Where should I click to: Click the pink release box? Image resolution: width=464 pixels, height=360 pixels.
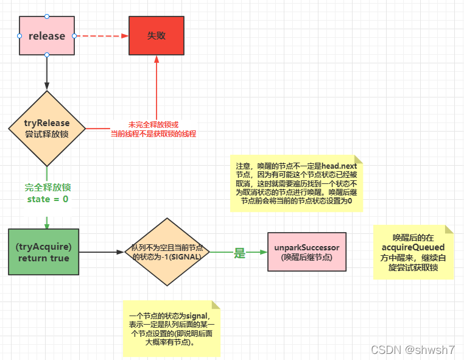pyautogui.click(x=47, y=36)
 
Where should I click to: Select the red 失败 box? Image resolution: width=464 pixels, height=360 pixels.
pyautogui.click(x=156, y=36)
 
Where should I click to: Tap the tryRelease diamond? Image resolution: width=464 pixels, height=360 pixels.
pyautogui.click(x=47, y=128)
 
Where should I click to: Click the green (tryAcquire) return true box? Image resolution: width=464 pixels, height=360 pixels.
pyautogui.click(x=43, y=252)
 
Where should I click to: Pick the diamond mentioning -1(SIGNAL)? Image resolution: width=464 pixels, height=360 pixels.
pyautogui.click(x=167, y=252)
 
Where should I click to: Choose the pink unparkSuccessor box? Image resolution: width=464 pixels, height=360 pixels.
pyautogui.click(x=306, y=252)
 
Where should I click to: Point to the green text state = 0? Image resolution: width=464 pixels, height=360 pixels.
pyautogui.click(x=47, y=199)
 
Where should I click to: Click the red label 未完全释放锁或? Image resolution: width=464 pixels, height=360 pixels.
pyautogui.click(x=153, y=124)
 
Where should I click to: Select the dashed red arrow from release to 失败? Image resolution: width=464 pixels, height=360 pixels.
pyautogui.click(x=101, y=36)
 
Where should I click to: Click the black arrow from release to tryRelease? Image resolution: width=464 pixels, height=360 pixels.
pyautogui.click(x=47, y=73)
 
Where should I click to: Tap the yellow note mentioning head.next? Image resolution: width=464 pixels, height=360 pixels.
pyautogui.click(x=297, y=183)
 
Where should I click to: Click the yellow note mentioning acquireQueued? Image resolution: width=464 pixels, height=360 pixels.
pyautogui.click(x=413, y=252)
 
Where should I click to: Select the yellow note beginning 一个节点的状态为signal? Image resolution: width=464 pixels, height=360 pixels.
pyautogui.click(x=171, y=328)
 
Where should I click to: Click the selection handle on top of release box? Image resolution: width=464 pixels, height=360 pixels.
pyautogui.click(x=47, y=16)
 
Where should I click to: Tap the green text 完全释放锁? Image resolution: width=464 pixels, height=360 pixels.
pyautogui.click(x=47, y=187)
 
